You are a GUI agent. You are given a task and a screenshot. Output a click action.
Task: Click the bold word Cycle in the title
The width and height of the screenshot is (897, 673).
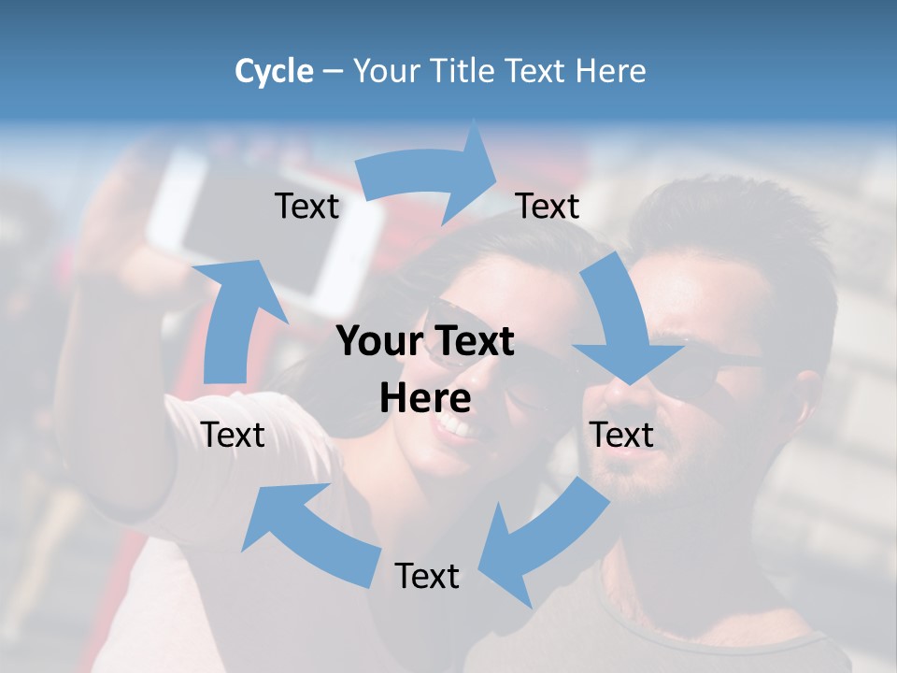(x=274, y=71)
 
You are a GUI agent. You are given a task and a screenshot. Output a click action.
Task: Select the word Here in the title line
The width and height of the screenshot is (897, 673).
(x=611, y=71)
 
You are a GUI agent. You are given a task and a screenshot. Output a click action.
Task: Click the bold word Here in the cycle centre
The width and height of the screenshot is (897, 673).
(x=425, y=399)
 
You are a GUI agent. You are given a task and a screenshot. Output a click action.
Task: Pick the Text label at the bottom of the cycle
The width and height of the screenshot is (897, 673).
(x=427, y=576)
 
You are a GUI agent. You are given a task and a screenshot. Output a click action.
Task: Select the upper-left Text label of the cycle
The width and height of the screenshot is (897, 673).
(x=307, y=207)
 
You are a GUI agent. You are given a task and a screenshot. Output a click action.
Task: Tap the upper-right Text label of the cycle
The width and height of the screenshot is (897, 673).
(x=548, y=207)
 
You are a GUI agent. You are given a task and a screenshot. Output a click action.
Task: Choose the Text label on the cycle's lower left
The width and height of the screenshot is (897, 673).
(x=234, y=435)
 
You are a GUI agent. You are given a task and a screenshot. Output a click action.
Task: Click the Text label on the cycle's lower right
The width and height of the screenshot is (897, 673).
(x=621, y=435)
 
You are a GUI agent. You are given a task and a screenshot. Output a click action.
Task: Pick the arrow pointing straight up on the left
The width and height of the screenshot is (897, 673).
(x=234, y=318)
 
